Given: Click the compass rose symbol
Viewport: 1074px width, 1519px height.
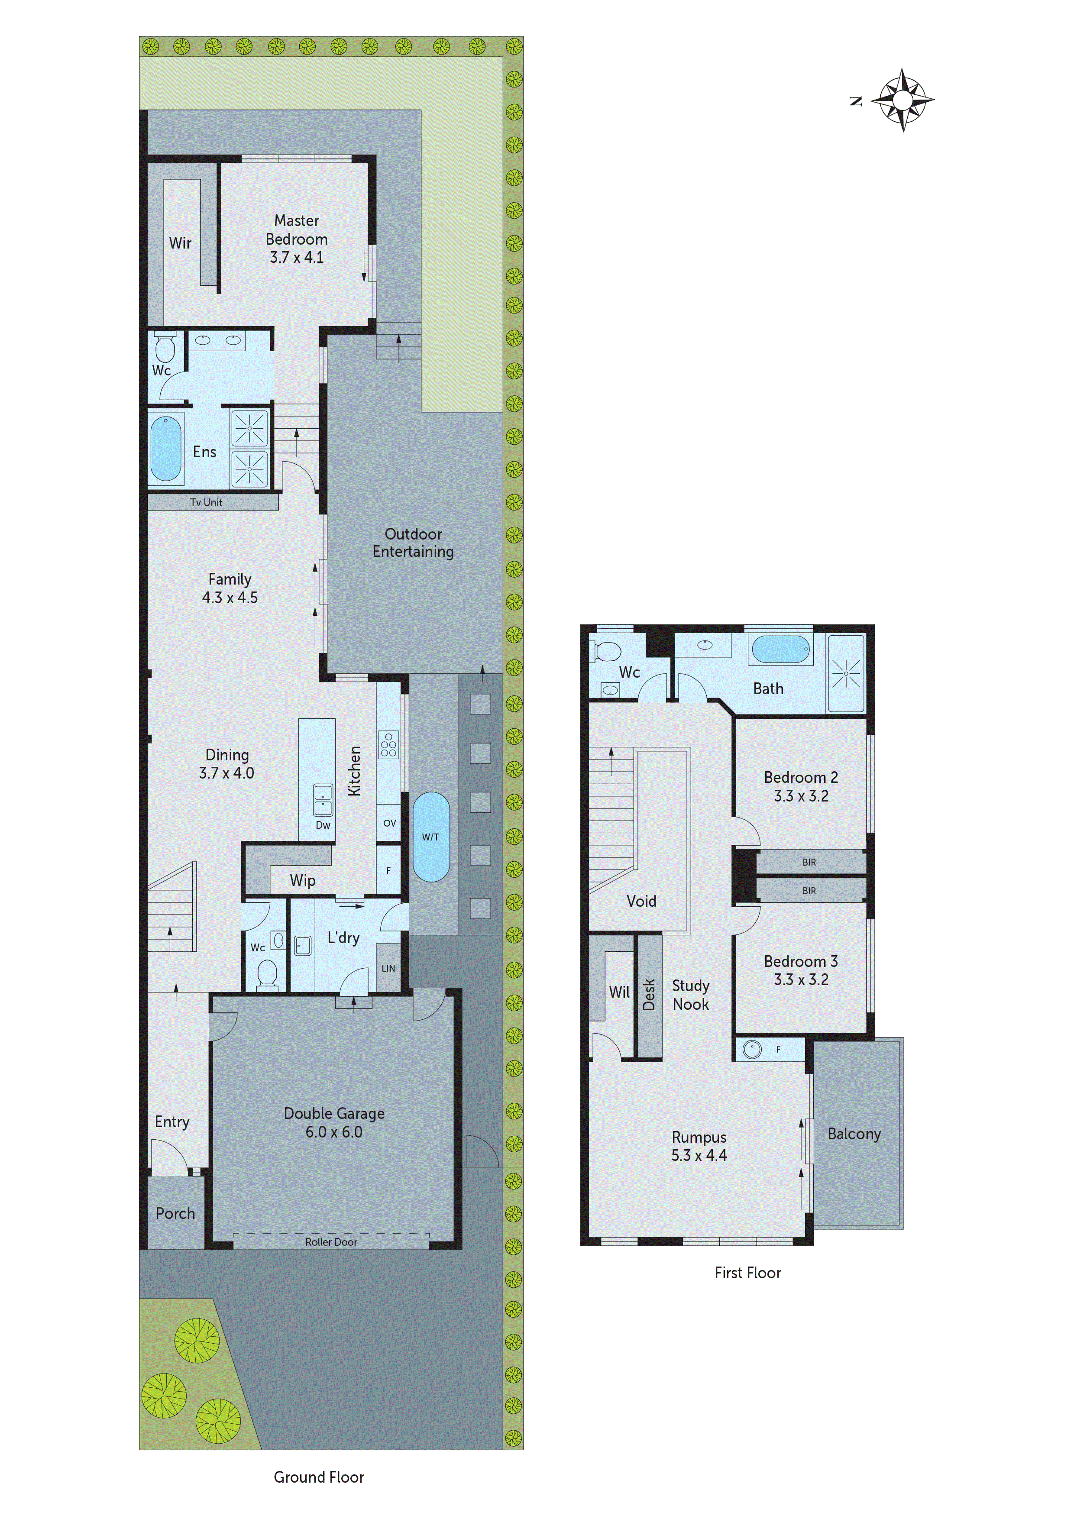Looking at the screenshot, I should point(903,100).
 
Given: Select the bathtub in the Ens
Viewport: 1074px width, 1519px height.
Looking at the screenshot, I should point(165,447).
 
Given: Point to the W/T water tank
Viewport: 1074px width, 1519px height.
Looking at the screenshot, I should point(431,837).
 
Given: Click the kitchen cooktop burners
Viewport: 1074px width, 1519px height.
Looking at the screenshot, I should point(388,744).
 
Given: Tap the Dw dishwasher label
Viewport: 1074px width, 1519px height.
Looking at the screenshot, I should point(323,825).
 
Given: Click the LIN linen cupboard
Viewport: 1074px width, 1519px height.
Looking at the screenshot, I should point(388,968).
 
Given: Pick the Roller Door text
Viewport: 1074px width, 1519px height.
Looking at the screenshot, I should point(331,1242).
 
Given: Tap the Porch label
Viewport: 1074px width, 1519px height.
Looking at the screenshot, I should point(175,1213).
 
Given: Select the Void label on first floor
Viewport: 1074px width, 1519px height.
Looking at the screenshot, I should point(641,901).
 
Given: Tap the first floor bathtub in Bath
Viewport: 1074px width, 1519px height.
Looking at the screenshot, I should point(781,649).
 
